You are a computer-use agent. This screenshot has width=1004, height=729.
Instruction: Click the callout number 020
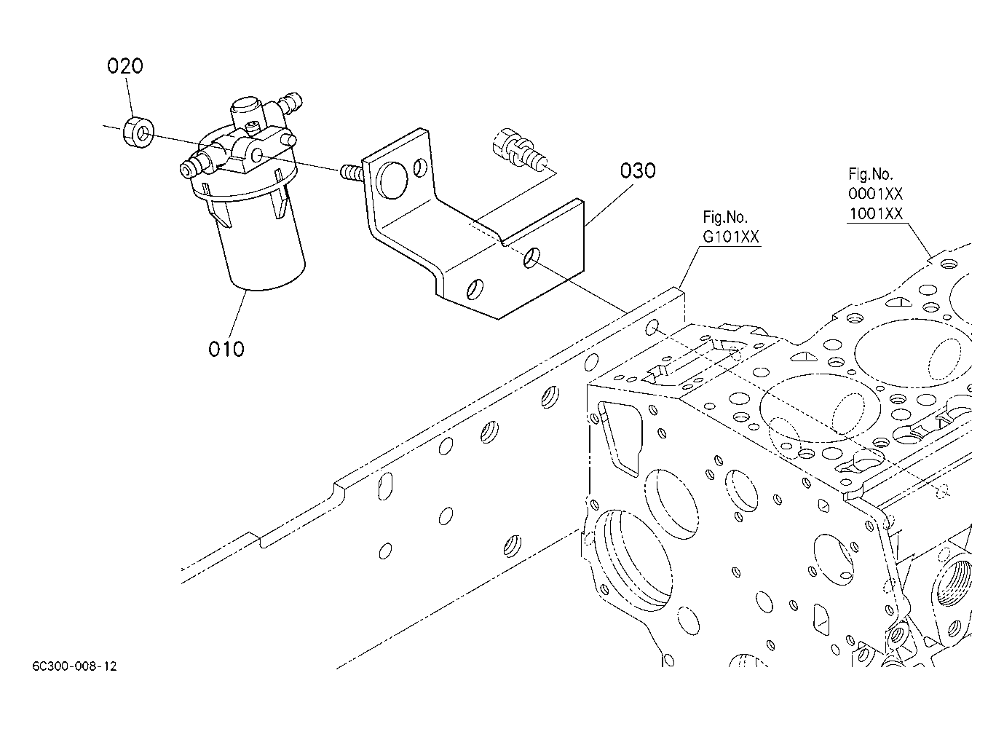point(125,66)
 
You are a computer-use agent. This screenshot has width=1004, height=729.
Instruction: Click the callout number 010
point(226,350)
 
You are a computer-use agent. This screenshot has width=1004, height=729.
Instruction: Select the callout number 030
point(638,171)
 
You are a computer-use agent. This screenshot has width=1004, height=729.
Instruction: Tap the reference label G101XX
point(730,237)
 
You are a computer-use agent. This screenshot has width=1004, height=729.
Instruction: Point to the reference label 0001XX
point(875,194)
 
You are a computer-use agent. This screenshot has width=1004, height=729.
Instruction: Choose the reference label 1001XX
point(875,213)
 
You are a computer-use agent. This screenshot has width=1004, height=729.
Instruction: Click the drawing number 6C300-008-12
point(74,666)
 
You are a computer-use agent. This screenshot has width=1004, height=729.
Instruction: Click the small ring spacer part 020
point(138,133)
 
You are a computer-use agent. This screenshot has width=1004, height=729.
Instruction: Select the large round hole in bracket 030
point(392,180)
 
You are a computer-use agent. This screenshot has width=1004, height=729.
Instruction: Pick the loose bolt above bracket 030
point(519,149)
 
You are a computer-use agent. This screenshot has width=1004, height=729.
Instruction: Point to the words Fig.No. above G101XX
point(724,218)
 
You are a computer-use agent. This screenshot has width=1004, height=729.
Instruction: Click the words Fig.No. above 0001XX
point(871,174)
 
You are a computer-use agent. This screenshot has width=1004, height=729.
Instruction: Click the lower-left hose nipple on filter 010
point(195,165)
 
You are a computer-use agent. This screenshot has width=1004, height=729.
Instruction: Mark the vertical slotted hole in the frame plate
point(385,486)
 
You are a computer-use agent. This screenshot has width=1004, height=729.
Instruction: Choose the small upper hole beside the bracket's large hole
point(420,168)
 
